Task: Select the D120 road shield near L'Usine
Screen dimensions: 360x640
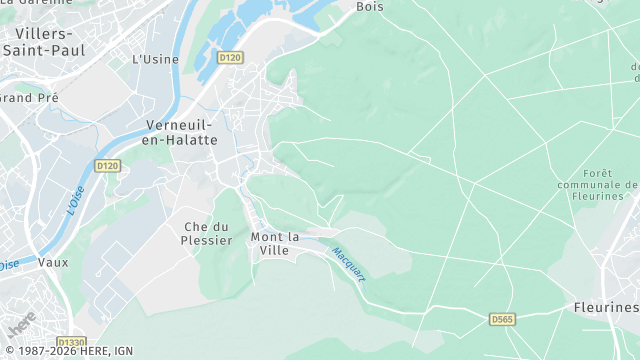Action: point(230,58)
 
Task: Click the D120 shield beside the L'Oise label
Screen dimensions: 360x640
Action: point(107,165)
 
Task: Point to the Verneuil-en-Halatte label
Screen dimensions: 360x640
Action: point(181,132)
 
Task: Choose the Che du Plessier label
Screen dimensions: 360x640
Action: point(208,233)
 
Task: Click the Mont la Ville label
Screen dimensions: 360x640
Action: point(276,243)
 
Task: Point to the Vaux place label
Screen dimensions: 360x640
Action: point(53,262)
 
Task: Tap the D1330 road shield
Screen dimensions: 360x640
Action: point(72,342)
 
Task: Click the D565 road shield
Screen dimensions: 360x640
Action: point(503,319)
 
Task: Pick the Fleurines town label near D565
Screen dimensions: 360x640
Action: point(607,307)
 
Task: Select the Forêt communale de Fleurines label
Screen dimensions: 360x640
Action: point(596,185)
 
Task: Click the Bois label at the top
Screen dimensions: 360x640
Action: point(370,6)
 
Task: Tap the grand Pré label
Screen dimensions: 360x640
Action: point(30,98)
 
